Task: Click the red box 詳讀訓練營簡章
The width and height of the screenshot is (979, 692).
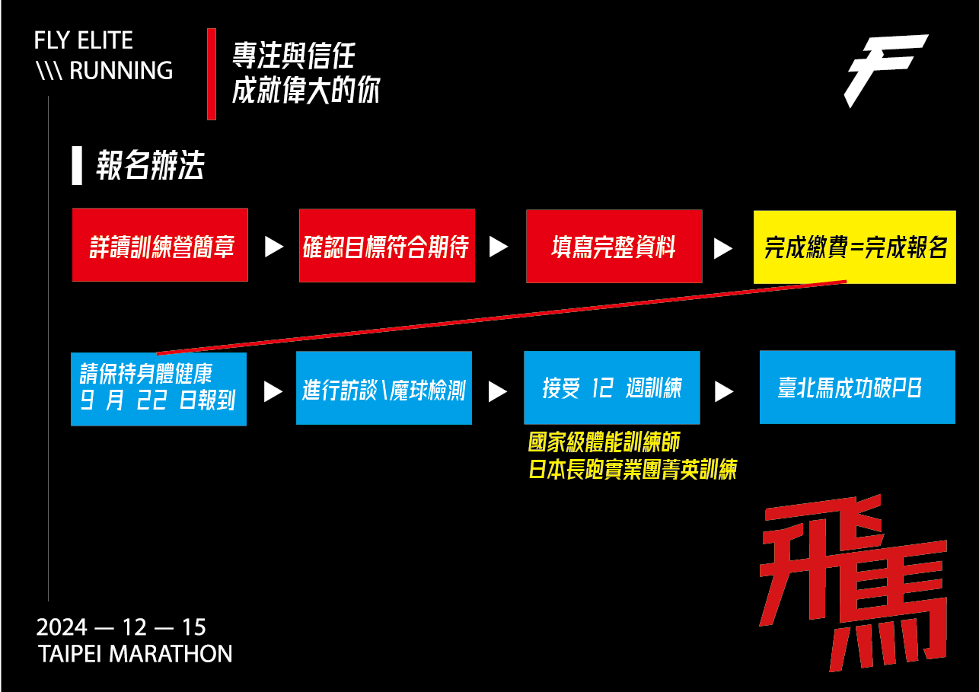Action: point(160,244)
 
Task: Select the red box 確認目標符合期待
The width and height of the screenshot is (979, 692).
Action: point(387,245)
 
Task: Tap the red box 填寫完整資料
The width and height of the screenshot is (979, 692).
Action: point(614,246)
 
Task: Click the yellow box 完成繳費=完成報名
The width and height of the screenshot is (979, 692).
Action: point(854,247)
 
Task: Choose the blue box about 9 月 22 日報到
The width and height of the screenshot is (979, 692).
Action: point(158,388)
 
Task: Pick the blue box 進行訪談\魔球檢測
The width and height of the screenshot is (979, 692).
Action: point(384,387)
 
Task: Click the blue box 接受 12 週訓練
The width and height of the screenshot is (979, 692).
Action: point(611,387)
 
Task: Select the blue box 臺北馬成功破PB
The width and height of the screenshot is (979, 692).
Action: point(857,387)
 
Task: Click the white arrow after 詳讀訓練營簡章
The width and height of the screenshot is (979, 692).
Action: point(273,247)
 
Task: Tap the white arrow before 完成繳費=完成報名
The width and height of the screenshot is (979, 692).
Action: point(723,248)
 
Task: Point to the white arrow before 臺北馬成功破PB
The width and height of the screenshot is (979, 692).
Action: point(724,391)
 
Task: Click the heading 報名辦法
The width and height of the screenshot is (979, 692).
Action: point(149,165)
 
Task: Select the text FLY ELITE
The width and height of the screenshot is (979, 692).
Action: point(84,40)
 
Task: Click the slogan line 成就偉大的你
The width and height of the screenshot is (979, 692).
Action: point(306,90)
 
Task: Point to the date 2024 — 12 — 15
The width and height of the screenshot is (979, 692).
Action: point(121,627)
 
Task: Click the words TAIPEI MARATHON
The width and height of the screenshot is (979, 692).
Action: point(135,653)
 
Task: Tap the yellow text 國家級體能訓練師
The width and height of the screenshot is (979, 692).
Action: point(604,442)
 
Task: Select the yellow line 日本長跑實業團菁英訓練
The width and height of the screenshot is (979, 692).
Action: point(633,469)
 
